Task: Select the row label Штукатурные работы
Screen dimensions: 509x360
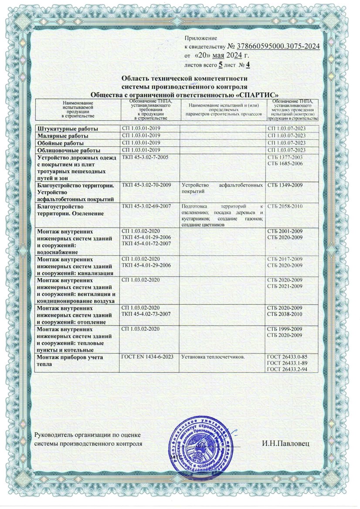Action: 68,129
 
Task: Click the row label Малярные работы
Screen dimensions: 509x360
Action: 63,136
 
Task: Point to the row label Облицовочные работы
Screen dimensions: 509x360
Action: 66,150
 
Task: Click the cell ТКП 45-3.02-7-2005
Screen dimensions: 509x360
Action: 147,157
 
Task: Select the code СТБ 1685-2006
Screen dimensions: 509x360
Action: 286,163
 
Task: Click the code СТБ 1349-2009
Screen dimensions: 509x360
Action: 286,185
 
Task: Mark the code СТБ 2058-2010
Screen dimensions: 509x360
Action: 286,206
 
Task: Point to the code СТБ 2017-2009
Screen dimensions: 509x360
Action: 286,259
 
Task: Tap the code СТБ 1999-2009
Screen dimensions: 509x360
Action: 286,329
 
